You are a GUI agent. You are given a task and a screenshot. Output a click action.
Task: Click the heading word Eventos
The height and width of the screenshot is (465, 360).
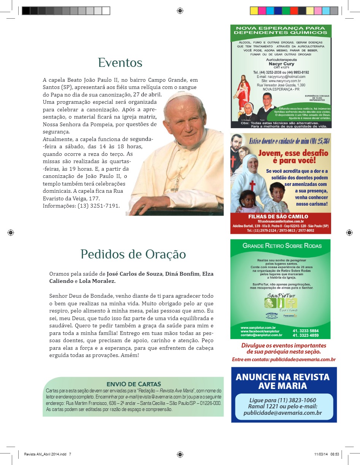click(x=120, y=63)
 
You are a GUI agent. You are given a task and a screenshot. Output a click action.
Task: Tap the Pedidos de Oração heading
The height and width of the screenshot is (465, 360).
click(x=133, y=254)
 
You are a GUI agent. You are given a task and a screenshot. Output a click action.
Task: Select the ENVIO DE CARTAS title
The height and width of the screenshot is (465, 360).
click(x=133, y=384)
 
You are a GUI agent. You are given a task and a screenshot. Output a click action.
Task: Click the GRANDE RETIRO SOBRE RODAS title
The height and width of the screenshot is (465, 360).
click(x=281, y=246)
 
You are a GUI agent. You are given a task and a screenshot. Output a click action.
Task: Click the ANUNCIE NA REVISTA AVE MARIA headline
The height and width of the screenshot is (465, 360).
click(x=283, y=381)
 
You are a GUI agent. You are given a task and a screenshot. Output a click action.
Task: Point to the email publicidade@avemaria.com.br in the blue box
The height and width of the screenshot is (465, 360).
click(x=283, y=413)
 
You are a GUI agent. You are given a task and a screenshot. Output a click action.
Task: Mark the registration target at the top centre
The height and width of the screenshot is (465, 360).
click(x=180, y=11)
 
